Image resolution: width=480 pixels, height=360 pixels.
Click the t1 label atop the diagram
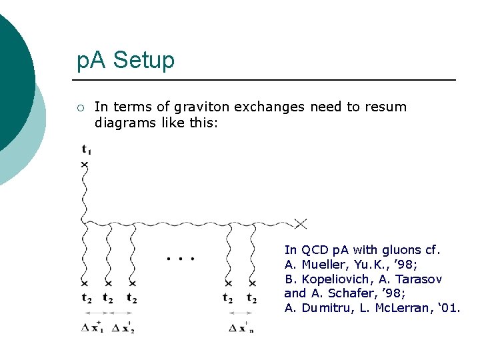coord(86,149)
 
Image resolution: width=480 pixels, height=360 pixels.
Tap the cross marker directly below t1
coord(85,164)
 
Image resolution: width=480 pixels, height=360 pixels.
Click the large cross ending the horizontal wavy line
coord(301,223)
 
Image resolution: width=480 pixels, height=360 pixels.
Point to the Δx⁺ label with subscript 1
coord(93,327)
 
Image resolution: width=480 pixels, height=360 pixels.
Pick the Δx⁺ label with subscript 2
coord(123,327)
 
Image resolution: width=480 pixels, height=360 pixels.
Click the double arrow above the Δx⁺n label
coord(241,313)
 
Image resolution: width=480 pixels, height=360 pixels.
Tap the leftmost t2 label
coord(86,298)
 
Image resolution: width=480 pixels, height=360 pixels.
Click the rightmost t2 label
coord(251,298)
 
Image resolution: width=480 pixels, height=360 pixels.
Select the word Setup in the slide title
coord(144,61)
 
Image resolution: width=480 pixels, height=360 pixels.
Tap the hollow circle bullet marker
coord(79,107)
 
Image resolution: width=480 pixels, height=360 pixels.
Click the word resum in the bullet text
coord(385,107)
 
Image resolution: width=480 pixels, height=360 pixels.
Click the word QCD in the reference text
coord(315,250)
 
